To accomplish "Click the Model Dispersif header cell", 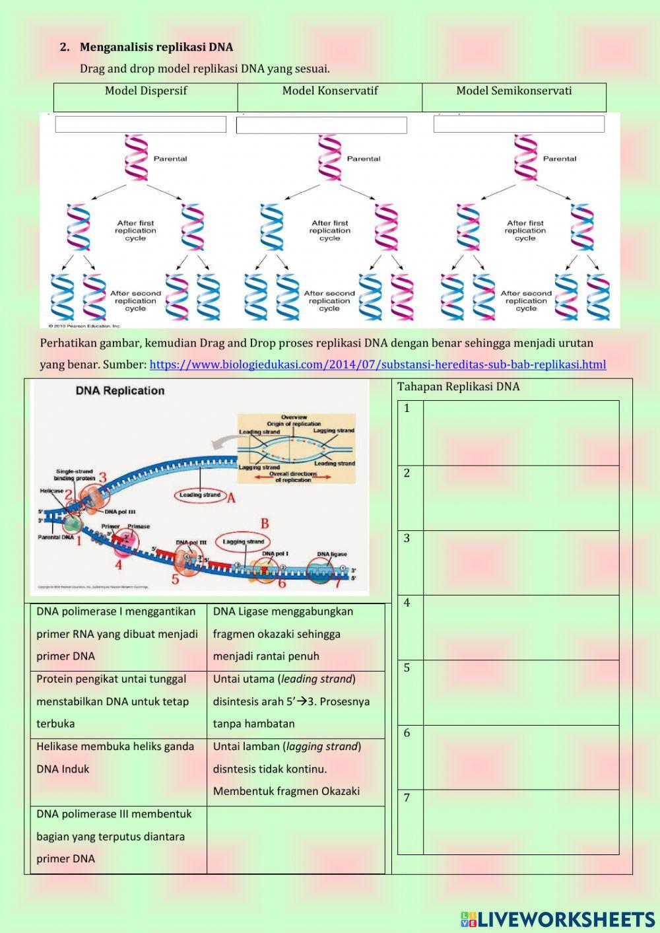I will click(x=146, y=91).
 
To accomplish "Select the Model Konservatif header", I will click(x=330, y=91).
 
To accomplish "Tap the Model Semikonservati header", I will click(x=514, y=91).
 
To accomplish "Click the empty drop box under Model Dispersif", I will click(x=141, y=124).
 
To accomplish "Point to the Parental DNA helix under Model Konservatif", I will click(x=329, y=158).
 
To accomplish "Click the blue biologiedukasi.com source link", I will click(x=378, y=364).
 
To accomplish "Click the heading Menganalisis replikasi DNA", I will click(x=156, y=47).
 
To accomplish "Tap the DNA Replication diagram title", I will click(x=120, y=390).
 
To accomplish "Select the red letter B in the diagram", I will click(x=264, y=524).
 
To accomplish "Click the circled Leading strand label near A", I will click(x=200, y=495).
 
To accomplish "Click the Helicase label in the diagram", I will click(x=51, y=491).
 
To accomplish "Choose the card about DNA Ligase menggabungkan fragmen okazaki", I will click(x=295, y=634).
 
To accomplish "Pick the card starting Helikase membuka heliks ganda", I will click(x=118, y=758).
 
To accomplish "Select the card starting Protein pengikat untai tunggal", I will click(x=118, y=701).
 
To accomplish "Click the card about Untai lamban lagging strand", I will click(x=295, y=769).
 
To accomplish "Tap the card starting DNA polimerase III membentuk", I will click(x=118, y=837).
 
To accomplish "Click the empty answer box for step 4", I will click(x=521, y=627).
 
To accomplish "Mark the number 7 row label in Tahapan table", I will click(x=407, y=798).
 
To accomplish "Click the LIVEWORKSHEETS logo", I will click(x=558, y=919).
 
